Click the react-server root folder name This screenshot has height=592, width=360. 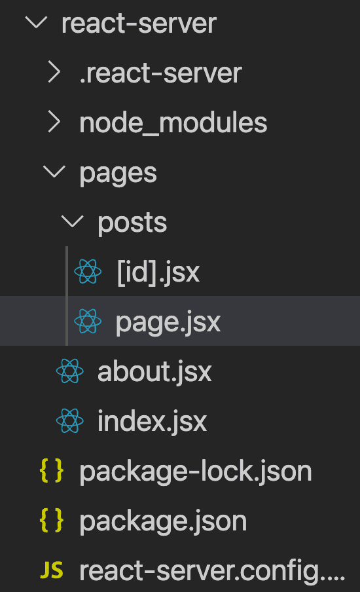click(139, 24)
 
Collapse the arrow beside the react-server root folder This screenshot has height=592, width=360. click(36, 23)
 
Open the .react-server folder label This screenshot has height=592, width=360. click(161, 73)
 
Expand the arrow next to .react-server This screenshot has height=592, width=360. click(54, 73)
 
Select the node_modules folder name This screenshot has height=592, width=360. click(173, 122)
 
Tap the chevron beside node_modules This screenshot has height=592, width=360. click(54, 122)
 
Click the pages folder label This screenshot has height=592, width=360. click(118, 174)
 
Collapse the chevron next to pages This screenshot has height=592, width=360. click(54, 172)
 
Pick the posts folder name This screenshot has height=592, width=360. click(132, 223)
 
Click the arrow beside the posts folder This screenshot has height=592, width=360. click(73, 221)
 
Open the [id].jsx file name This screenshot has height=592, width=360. click(158, 272)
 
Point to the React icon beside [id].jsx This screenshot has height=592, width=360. click(88, 272)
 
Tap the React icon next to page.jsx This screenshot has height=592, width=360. click(88, 322)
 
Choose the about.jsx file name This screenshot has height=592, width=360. click(154, 372)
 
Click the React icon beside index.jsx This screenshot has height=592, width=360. click(70, 420)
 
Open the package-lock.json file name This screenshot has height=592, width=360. click(196, 472)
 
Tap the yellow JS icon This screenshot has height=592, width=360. click(52, 570)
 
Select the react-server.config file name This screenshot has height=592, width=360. click(212, 571)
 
